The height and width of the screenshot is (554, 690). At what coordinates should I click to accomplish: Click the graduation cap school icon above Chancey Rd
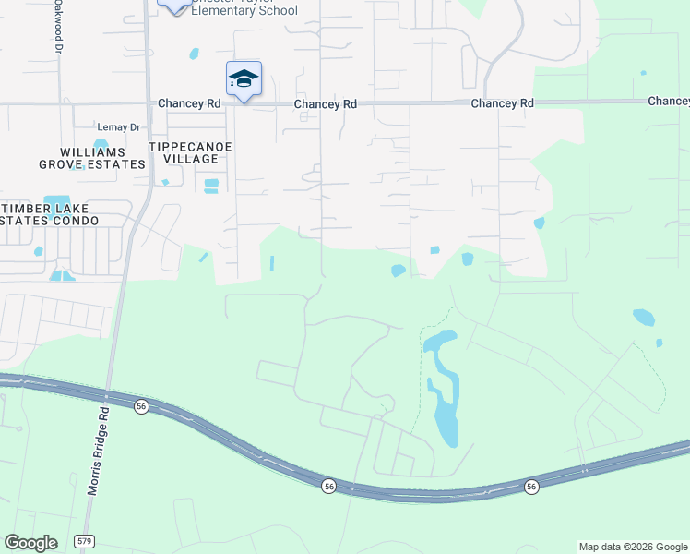244,78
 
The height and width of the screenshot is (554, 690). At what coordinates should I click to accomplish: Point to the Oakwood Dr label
57,23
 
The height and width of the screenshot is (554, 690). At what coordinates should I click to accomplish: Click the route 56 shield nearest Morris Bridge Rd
141,406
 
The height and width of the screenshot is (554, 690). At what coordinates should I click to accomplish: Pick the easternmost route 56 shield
531,487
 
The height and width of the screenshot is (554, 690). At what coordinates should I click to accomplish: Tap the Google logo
30,543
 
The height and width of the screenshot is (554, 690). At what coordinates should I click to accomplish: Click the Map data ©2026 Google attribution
633,547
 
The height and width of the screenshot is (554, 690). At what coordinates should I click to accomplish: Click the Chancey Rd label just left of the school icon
189,104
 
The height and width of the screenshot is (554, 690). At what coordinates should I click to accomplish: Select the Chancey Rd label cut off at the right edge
669,101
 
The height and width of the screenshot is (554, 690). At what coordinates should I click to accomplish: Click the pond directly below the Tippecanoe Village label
211,186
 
